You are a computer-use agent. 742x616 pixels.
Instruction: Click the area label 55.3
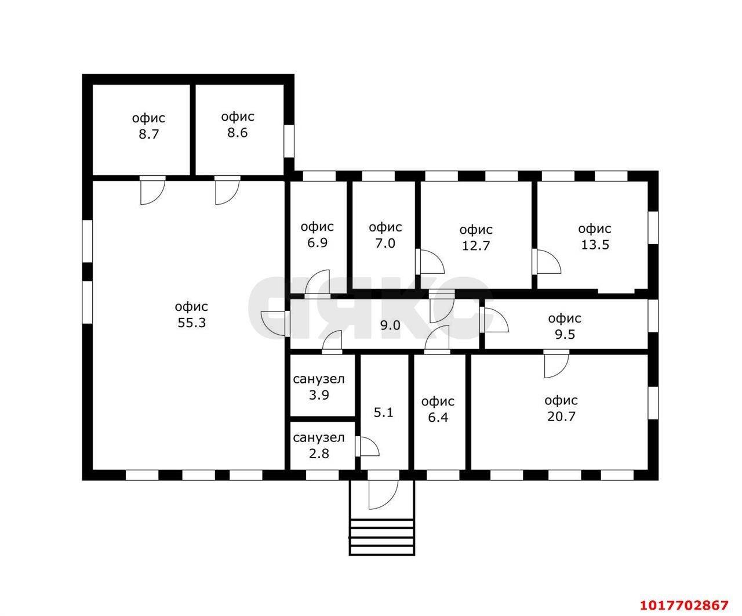coord(191,323)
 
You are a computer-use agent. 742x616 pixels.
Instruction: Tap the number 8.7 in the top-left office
coord(148,134)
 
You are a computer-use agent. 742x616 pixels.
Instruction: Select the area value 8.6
coord(238,133)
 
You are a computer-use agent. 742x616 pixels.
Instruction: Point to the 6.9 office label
coord(317,242)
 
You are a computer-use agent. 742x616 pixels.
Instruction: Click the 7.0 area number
coord(385,243)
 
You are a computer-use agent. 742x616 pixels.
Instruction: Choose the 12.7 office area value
coord(476,246)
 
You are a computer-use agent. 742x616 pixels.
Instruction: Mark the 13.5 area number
coord(595,245)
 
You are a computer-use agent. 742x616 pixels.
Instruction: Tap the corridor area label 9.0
coord(390,325)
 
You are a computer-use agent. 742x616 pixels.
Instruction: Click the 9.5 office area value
coord(565,334)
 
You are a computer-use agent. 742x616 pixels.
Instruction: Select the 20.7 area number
coord(561,416)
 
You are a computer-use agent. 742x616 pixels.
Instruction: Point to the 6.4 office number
coord(438,417)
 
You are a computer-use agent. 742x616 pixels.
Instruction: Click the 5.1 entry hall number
coord(383,412)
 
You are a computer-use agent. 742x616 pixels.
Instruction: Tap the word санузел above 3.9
coord(319,379)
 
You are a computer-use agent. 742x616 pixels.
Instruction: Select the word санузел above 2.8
coord(319,437)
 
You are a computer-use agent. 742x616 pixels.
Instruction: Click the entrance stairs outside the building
coord(382,537)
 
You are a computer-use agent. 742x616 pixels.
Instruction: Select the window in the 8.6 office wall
coord(289,141)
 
